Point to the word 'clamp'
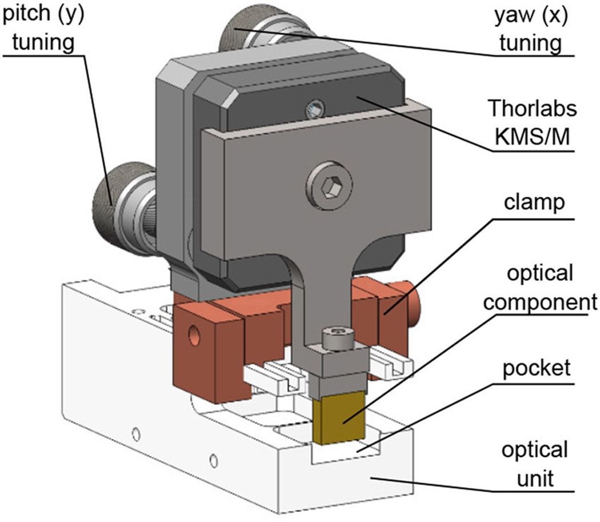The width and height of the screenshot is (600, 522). pos(534,202)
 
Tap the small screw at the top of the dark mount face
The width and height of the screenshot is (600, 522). pos(314,107)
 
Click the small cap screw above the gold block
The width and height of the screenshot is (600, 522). pos(337,339)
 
